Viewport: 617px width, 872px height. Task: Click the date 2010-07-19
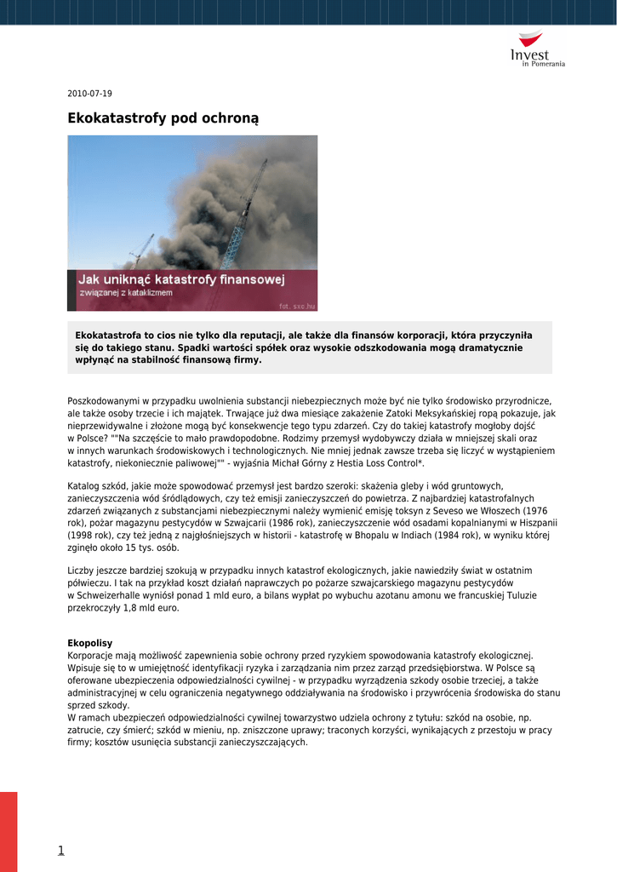point(89,94)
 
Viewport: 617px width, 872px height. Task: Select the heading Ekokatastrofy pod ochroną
point(163,118)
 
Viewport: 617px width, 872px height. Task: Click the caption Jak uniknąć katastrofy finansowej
point(181,279)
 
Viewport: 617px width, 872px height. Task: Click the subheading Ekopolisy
point(89,643)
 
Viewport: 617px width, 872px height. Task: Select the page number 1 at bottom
point(60,850)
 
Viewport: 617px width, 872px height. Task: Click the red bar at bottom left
point(9,831)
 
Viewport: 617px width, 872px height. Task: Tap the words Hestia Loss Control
point(374,463)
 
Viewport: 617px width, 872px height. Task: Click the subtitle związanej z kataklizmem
point(125,293)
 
